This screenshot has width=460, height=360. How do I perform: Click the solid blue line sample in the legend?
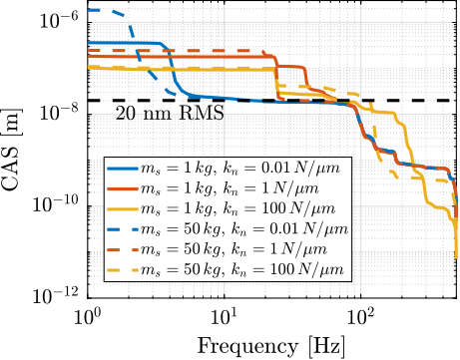click(x=127, y=169)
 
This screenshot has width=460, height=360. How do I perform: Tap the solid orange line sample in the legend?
click(x=127, y=188)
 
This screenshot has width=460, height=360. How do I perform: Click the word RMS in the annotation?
click(x=202, y=114)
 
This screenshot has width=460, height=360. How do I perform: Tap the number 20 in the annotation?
click(x=126, y=114)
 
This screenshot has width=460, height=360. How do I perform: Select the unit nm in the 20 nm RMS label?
click(x=158, y=115)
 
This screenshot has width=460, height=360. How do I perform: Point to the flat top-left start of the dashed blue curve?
click(x=98, y=10)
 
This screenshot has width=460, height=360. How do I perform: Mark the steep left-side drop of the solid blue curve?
click(x=172, y=70)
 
